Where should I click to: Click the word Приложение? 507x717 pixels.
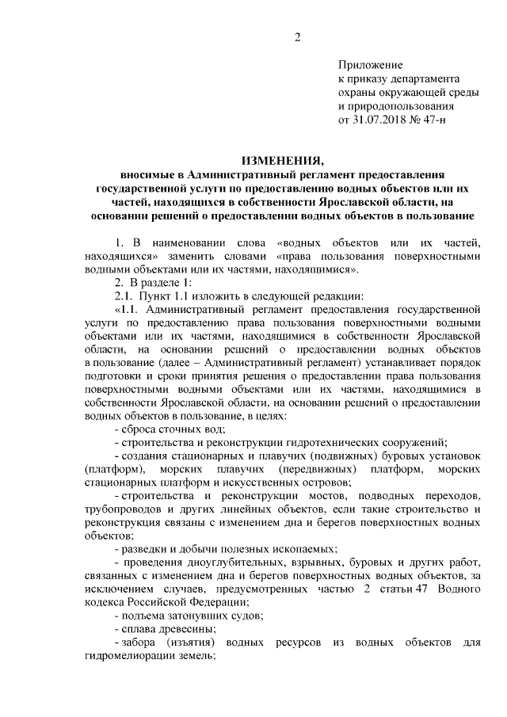pos(371,65)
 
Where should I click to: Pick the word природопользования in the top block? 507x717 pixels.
pos(396,106)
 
